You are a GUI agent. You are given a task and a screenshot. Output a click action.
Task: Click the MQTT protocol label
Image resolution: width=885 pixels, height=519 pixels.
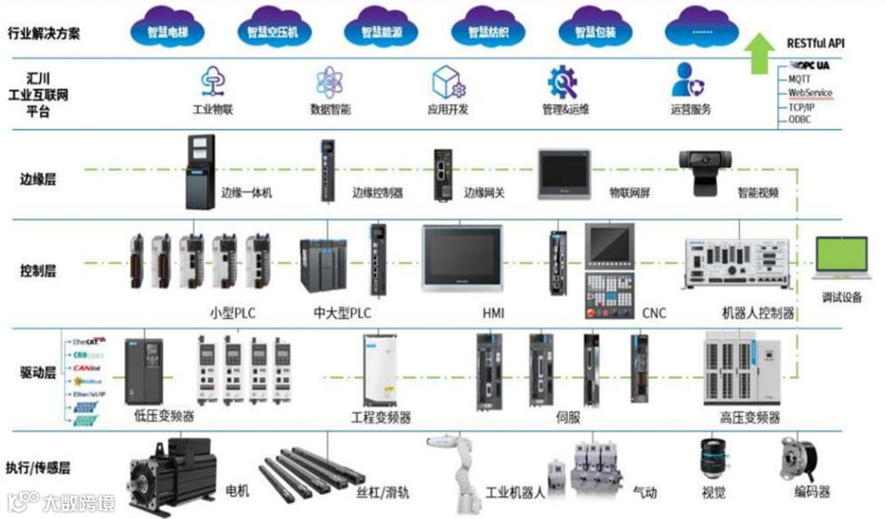(x=800, y=79)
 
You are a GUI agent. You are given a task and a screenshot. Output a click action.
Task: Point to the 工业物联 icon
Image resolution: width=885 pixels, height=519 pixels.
(x=213, y=82)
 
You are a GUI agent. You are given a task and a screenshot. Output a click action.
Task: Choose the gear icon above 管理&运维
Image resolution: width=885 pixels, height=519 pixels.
(x=563, y=82)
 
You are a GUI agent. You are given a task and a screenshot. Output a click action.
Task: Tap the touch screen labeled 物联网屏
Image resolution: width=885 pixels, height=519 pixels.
(x=564, y=174)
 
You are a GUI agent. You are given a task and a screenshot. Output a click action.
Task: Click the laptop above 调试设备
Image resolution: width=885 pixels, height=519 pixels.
(x=841, y=260)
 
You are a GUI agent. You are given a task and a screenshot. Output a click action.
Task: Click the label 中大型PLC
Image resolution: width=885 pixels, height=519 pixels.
(x=343, y=313)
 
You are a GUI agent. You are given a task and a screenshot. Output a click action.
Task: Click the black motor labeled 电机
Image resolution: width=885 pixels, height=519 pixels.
(x=172, y=476)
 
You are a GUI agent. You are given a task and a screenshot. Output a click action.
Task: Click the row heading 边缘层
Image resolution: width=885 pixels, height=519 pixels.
(x=39, y=179)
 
